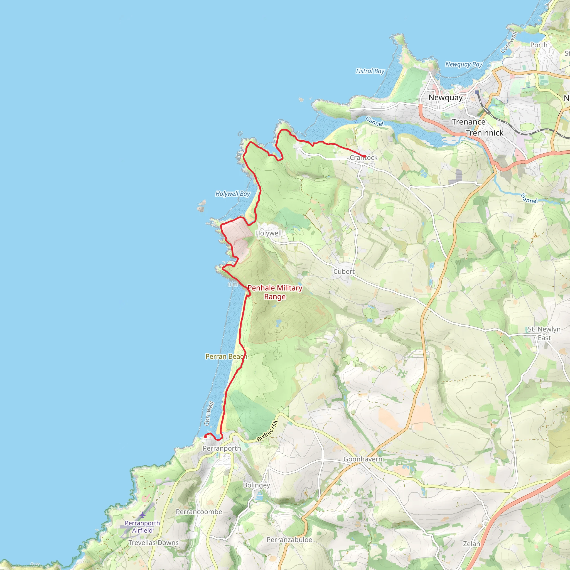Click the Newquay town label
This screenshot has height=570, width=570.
[446, 98]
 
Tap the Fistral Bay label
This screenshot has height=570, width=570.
[370, 71]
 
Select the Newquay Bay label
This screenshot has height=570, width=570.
[463, 64]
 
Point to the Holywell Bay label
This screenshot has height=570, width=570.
[232, 194]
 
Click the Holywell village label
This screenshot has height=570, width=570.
[268, 233]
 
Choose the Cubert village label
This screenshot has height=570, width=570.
[344, 271]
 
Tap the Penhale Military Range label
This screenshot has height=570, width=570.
[275, 292]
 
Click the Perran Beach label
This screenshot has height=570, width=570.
[226, 357]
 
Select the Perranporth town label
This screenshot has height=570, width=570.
[222, 448]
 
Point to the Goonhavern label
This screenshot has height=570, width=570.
[363, 459]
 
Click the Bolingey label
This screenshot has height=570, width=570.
[256, 485]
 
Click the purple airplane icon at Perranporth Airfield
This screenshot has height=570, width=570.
[142, 515]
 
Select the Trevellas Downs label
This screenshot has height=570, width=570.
[153, 542]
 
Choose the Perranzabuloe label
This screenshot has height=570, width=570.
[289, 540]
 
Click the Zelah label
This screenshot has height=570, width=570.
[471, 544]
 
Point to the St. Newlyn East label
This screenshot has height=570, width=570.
[544, 333]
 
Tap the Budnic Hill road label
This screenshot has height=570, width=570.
[267, 431]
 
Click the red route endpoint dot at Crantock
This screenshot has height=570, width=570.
[365, 156]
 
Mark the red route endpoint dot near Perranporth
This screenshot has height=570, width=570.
[205, 437]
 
